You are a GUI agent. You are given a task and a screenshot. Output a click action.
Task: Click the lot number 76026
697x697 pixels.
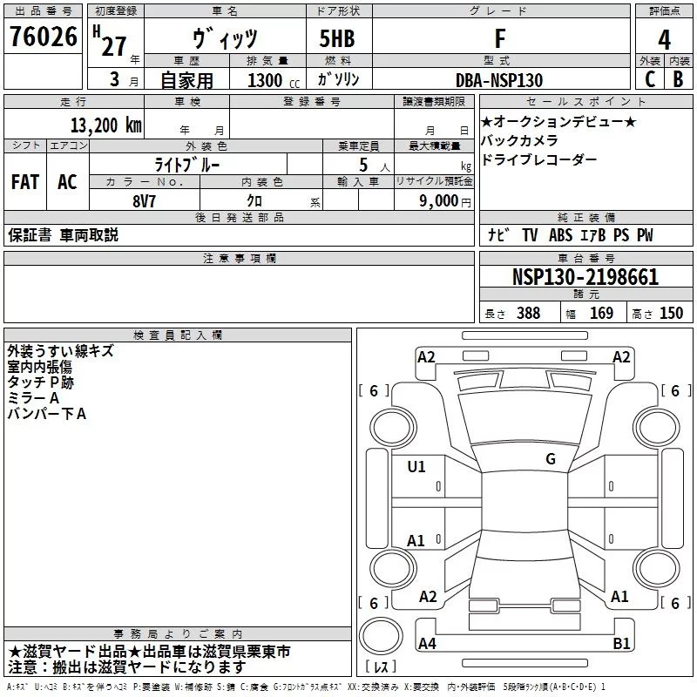[x=44, y=37]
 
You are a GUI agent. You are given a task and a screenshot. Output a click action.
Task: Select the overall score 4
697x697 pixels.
[x=664, y=39]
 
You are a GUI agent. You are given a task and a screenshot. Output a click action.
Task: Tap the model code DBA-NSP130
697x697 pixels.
[x=499, y=80]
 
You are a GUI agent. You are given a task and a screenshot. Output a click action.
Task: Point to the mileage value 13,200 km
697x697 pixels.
[x=106, y=125]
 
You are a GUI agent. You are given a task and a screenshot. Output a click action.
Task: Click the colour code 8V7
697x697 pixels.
[x=144, y=201]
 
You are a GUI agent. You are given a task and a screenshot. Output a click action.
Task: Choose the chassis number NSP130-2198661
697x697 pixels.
[x=585, y=277]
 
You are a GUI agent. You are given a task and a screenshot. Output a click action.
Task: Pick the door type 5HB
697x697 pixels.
[x=337, y=38]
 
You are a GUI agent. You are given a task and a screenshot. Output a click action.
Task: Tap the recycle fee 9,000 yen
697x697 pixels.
[x=445, y=201]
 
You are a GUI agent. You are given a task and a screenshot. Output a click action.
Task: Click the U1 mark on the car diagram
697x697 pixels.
[x=416, y=467]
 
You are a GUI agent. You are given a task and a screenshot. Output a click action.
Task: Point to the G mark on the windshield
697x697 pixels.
[x=551, y=458]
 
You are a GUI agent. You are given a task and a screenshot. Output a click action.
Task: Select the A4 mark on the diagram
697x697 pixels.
[x=427, y=643]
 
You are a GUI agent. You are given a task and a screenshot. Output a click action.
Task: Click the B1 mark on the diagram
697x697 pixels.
[x=621, y=643]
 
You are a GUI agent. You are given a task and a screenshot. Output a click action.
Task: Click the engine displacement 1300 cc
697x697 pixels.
[x=274, y=80]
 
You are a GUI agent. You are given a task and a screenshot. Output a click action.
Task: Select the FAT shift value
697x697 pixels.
[x=25, y=182]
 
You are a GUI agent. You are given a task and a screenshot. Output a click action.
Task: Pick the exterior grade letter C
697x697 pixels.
[x=650, y=79]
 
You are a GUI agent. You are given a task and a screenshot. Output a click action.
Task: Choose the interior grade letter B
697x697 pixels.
[x=678, y=79]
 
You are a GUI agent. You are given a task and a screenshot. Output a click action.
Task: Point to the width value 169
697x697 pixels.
[x=601, y=313]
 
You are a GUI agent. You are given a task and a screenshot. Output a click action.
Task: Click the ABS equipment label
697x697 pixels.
[x=560, y=234]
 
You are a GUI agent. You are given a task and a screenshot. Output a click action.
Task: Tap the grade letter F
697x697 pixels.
[x=500, y=38]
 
